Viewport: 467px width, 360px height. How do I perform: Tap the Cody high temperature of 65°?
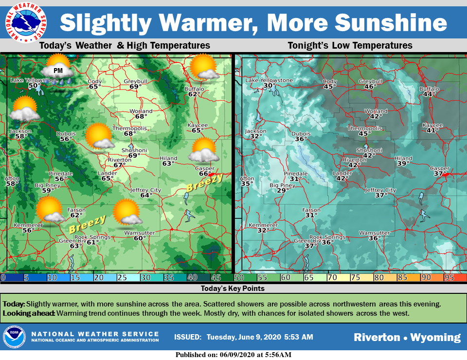point(94,87)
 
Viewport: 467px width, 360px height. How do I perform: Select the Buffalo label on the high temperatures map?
point(194,89)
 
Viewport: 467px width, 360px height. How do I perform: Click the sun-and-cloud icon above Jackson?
point(24,108)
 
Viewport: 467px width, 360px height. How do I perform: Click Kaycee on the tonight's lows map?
point(432,125)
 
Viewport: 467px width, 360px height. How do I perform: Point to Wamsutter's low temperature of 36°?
point(374,238)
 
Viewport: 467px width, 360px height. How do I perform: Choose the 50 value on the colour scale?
point(239,278)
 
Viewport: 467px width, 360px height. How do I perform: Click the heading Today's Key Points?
point(233,288)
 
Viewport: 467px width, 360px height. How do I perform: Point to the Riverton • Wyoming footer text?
point(407,337)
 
